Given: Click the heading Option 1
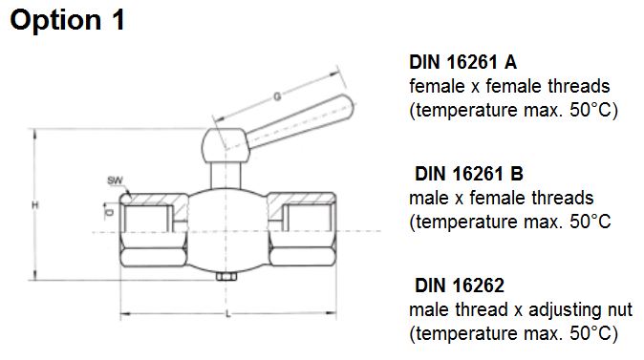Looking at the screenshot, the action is coord(67,20).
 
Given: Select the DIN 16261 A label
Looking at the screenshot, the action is coord(462,62).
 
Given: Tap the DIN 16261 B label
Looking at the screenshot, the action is coord(469,174).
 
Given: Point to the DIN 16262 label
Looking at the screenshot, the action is coord(460,286).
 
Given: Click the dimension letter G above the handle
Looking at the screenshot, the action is coord(278,96).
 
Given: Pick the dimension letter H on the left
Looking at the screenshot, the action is coord(35,205).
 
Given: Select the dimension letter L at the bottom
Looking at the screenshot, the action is coord(228,314).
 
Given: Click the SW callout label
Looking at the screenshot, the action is coord(115,180).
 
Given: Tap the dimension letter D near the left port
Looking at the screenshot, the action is coord(109,213).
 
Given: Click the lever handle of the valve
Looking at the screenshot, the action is coord(300,122).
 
